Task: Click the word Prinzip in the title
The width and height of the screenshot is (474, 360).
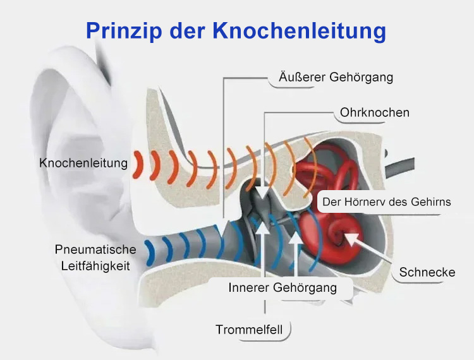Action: pyautogui.click(x=123, y=31)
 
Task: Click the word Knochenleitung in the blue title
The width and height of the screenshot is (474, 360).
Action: pyautogui.click(x=300, y=31)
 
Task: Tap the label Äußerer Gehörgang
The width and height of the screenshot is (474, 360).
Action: pyautogui.click(x=336, y=77)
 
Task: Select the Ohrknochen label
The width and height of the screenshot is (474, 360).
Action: pyautogui.click(x=375, y=112)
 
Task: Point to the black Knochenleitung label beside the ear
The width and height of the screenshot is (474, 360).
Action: pyautogui.click(x=83, y=163)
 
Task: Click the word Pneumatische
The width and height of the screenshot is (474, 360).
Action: pyautogui.click(x=95, y=249)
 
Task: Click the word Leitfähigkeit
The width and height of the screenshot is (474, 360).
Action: pyautogui.click(x=95, y=266)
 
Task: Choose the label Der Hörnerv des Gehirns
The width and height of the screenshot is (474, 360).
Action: pyautogui.click(x=387, y=201)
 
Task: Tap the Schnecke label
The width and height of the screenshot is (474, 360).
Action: pyautogui.click(x=427, y=272)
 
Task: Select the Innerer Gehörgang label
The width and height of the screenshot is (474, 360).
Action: pyautogui.click(x=283, y=287)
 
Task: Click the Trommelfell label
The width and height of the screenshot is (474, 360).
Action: pyautogui.click(x=249, y=330)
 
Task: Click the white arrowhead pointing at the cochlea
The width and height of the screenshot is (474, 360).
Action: pyautogui.click(x=351, y=236)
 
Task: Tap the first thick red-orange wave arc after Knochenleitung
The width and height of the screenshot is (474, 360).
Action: pyautogui.click(x=138, y=164)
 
